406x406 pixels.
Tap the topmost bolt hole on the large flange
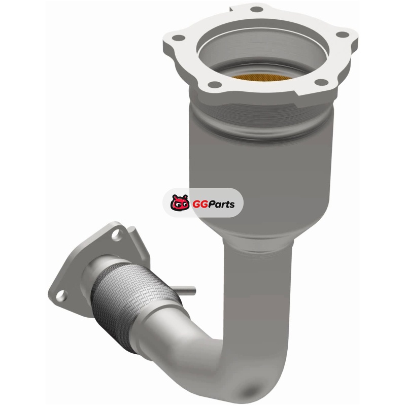pos(257,10)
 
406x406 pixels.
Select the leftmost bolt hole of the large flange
pos(179,38)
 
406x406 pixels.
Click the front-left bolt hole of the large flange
pos(215,84)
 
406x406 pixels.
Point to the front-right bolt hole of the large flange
pos(321,82)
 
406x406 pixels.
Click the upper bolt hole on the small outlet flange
pos(117,234)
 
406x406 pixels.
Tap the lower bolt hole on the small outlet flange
pos(61,295)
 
